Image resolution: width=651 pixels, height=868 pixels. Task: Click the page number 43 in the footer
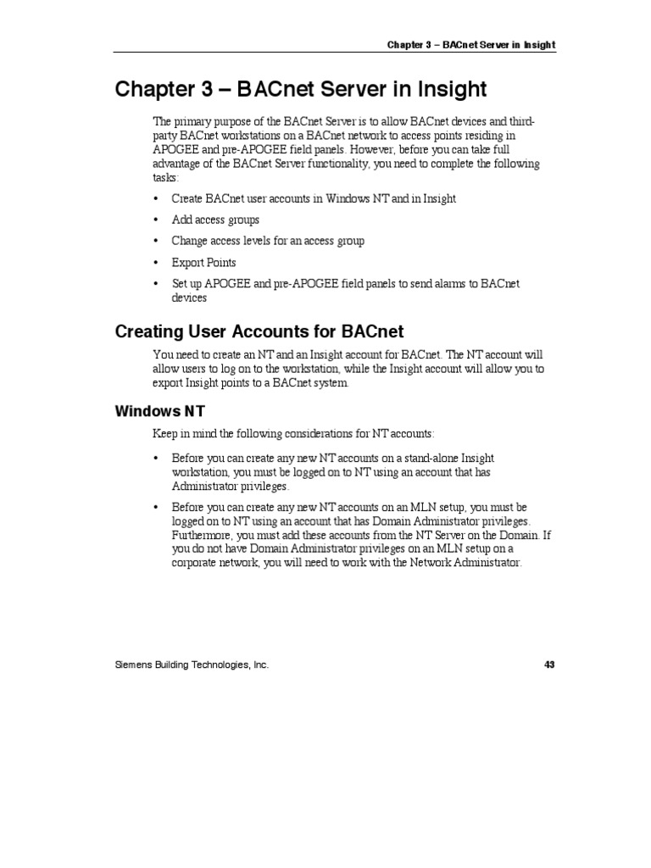tap(549, 665)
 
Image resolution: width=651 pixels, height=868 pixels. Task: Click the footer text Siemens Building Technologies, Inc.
tap(192, 665)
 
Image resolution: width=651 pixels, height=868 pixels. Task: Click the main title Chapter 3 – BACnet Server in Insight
tap(301, 89)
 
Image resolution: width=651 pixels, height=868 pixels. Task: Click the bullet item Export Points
tap(203, 263)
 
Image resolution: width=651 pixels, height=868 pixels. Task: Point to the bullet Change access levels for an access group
tap(268, 241)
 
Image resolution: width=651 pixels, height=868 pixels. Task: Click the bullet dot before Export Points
tap(156, 263)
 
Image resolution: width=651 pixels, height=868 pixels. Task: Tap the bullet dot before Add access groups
tap(156, 220)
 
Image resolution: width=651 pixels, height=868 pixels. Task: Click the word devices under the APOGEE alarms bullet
tap(189, 298)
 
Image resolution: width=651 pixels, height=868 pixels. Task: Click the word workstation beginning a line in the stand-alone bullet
tap(200, 472)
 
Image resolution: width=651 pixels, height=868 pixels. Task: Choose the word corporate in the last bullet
tap(194, 564)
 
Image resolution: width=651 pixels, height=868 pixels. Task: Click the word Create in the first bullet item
tap(186, 198)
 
